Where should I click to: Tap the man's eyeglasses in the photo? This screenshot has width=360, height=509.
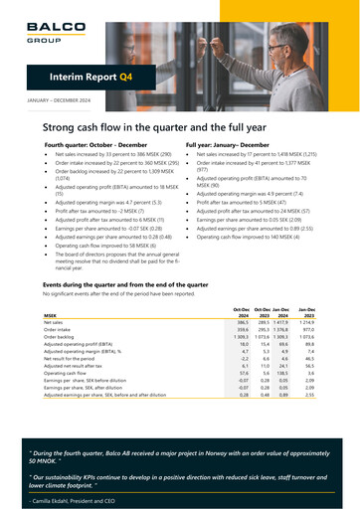click(281, 48)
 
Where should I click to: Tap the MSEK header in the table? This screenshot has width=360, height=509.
click(50, 316)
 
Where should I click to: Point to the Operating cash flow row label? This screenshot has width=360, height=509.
click(71, 372)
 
